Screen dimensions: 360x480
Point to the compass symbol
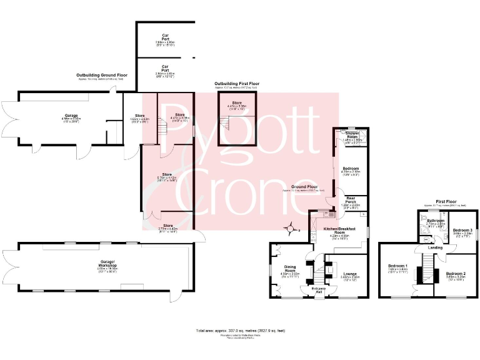point(291,229)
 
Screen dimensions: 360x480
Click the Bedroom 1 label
point(398,267)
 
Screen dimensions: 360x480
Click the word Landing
point(436,247)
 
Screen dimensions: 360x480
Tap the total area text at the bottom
point(240,331)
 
